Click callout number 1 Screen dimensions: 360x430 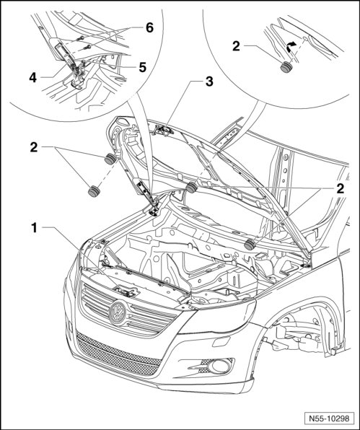[34, 227]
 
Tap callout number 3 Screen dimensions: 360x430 [209, 82]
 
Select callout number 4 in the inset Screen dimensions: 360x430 [32, 78]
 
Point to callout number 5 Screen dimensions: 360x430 [142, 67]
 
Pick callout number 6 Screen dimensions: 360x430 [149, 27]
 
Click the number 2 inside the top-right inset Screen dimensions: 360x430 [236, 46]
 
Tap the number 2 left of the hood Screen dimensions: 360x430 [34, 147]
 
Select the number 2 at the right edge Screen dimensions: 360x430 [340, 188]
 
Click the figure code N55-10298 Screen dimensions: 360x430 [329, 418]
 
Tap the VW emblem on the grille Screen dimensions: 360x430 [118, 313]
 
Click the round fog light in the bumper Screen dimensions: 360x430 [219, 367]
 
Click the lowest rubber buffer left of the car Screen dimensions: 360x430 [94, 191]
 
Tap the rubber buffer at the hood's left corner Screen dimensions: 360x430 [110, 159]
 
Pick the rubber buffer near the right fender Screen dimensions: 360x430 [250, 245]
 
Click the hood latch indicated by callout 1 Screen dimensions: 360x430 [127, 291]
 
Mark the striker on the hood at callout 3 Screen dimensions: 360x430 [163, 130]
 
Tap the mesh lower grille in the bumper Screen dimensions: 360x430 [118, 354]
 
